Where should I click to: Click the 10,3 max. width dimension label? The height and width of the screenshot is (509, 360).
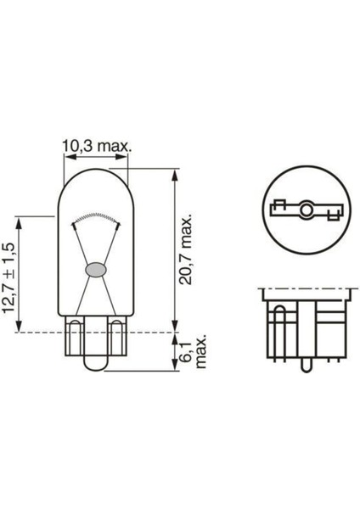[96, 147]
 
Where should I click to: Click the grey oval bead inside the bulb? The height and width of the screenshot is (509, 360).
[95, 271]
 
